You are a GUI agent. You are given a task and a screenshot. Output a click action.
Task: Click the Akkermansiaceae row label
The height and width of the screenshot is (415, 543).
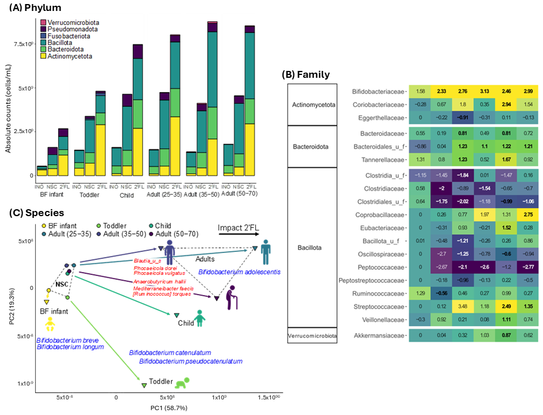tap(379, 334)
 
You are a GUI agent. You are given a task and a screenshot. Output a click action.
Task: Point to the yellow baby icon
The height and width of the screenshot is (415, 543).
tap(51, 325)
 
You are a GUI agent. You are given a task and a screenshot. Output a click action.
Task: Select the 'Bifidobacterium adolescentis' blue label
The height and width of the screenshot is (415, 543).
tap(233, 271)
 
